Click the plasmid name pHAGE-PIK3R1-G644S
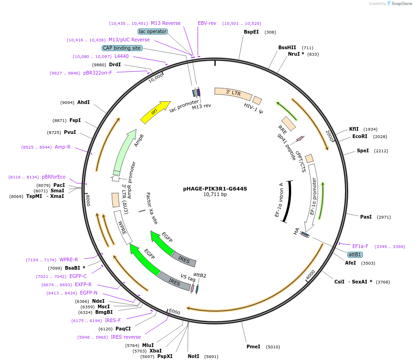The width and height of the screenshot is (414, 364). coord(215,188)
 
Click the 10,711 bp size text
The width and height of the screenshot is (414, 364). coord(215,195)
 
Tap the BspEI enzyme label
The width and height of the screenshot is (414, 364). coord(251,32)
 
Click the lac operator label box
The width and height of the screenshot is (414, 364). coord(153,31)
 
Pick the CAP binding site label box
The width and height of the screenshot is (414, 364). coord(122,48)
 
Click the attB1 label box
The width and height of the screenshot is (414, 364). coord(355,254)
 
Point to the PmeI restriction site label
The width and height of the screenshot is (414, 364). coord(253,347)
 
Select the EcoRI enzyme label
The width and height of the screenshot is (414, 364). coord(360,136)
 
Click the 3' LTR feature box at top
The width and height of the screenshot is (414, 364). coord(233,93)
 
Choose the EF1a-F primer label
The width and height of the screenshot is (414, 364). coord(360,246)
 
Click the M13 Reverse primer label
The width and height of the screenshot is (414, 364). coord(166,23)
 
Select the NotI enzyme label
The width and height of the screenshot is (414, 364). coord(193,356)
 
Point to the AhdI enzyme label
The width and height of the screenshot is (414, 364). coord(83,102)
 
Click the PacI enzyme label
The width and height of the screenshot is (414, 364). coord(59,185)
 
